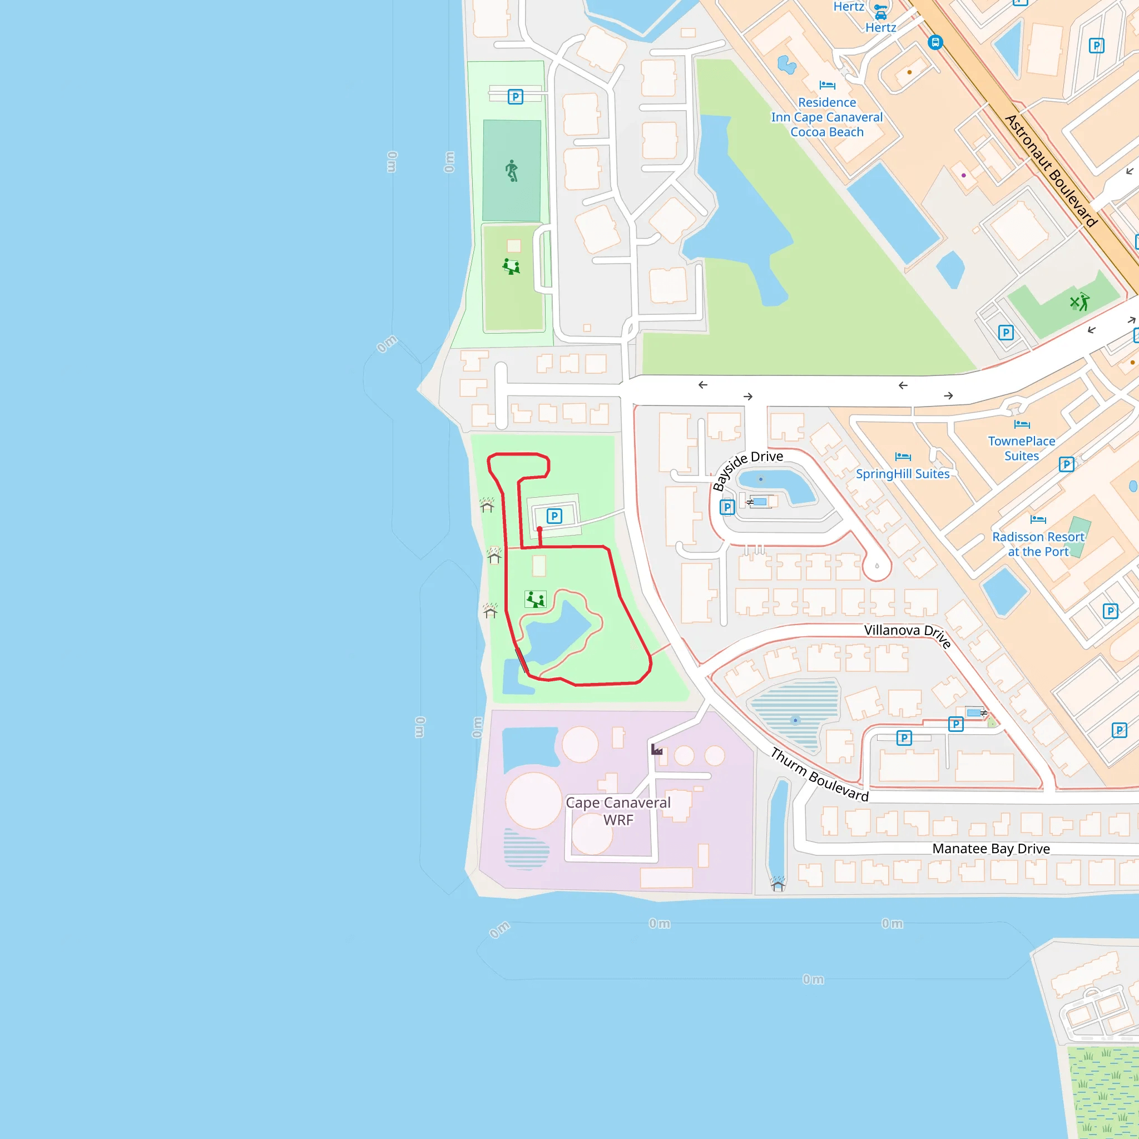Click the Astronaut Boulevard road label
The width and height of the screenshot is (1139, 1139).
click(x=1051, y=171)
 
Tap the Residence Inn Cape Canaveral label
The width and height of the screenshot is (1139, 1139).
click(x=826, y=117)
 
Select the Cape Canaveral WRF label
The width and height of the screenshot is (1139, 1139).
click(x=618, y=811)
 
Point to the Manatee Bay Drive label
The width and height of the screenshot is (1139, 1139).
click(x=991, y=849)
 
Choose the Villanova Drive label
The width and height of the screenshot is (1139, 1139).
click(x=908, y=635)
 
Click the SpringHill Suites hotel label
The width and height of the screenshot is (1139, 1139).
click(x=903, y=474)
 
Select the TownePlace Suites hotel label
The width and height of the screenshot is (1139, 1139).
click(x=1022, y=448)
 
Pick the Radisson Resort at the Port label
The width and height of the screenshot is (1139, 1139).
click(x=1038, y=544)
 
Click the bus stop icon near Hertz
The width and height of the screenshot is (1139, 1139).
click(x=935, y=42)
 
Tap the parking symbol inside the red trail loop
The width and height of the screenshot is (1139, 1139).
click(x=553, y=517)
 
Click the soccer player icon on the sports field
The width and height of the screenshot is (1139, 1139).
click(x=512, y=171)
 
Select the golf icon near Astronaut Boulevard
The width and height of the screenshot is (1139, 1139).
click(x=1079, y=302)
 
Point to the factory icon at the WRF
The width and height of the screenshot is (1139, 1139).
click(x=657, y=749)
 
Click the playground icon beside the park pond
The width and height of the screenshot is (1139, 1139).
click(x=536, y=600)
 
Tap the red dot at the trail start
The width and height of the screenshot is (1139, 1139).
click(x=539, y=529)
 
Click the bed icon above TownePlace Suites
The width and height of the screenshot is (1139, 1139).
click(x=1022, y=424)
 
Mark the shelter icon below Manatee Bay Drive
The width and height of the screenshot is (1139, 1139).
click(x=778, y=884)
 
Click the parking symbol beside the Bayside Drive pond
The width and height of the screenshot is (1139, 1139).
click(x=727, y=507)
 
